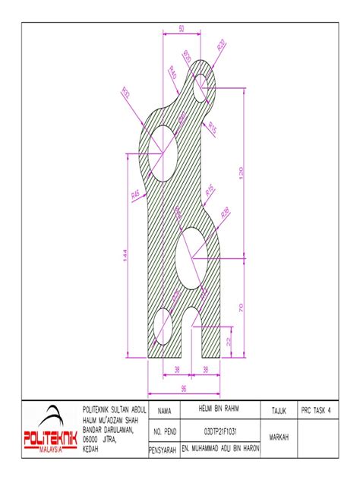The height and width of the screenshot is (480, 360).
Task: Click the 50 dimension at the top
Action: tap(182, 28)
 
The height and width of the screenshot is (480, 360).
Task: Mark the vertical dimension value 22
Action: tap(230, 341)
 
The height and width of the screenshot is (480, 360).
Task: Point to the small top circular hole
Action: tap(206, 90)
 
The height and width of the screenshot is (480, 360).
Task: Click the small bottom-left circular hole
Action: tap(163, 327)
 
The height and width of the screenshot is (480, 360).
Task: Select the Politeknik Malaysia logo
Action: tap(50, 432)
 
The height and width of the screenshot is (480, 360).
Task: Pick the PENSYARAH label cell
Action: tap(163, 450)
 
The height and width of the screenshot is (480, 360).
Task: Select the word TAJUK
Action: tap(279, 410)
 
